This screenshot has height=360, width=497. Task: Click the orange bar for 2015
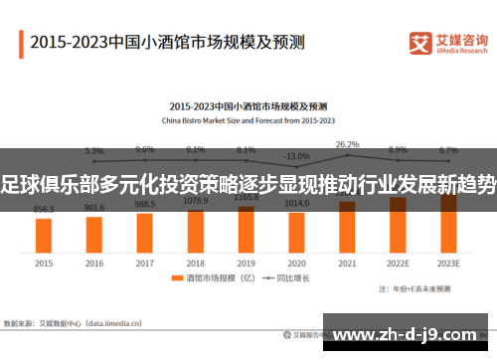(x=44, y=235)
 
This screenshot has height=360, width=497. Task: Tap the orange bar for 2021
(x=347, y=226)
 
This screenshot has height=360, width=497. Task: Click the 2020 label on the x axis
(x=296, y=264)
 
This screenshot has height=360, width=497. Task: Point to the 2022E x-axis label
(x=398, y=264)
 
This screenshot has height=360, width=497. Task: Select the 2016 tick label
(x=94, y=264)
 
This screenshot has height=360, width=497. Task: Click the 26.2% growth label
(x=347, y=144)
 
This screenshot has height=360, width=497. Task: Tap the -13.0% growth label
(x=296, y=156)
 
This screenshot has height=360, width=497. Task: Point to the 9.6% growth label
(x=145, y=150)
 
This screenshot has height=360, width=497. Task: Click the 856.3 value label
(x=44, y=210)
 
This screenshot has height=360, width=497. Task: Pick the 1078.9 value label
(x=195, y=200)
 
